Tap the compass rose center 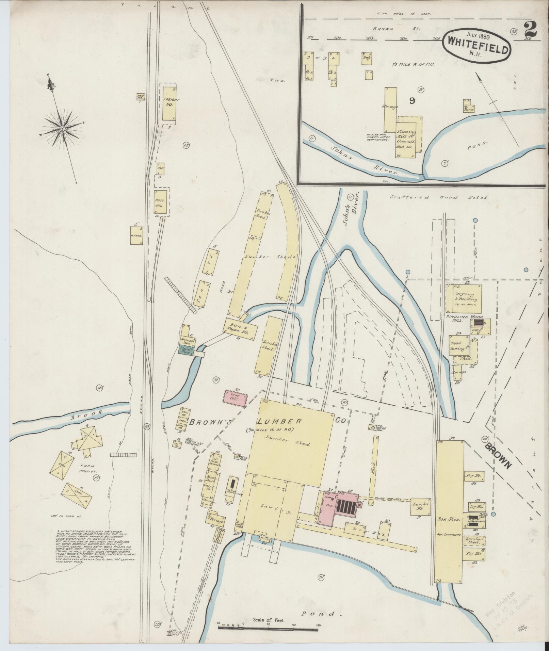[x=62, y=129]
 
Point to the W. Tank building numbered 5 [x=136, y=235]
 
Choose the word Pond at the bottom [x=321, y=604]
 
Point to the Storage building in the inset [x=391, y=109]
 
